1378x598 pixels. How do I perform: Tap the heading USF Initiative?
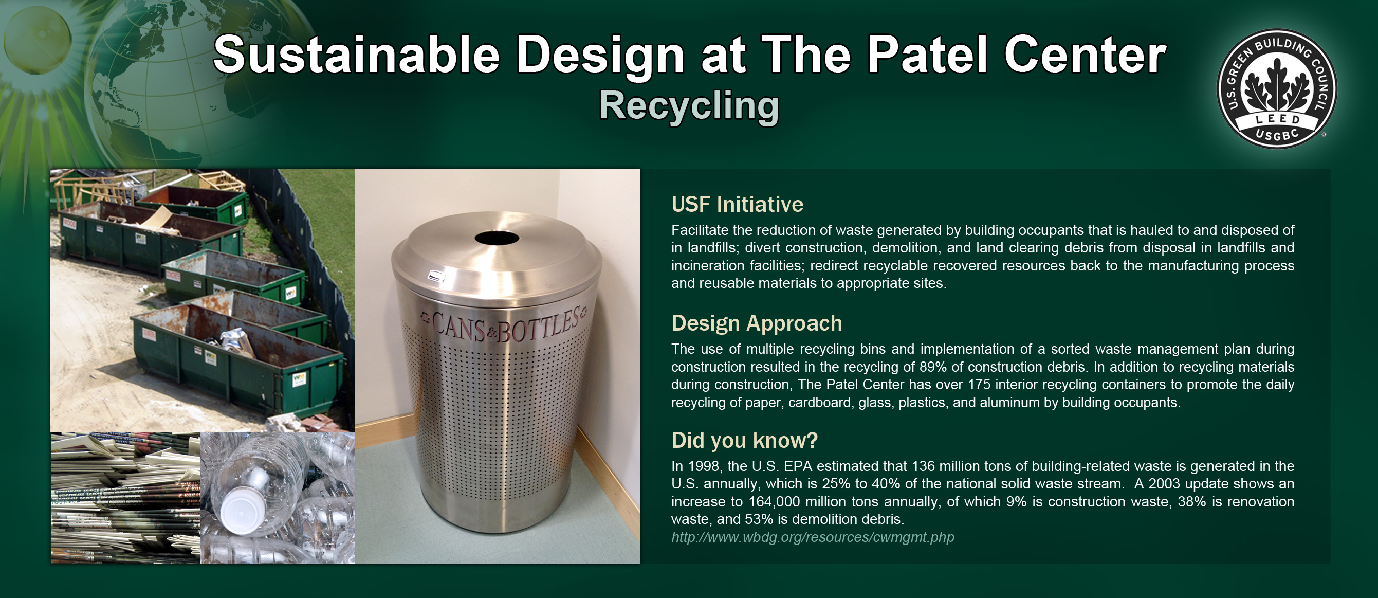pos(737,205)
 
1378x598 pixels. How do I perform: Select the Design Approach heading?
pos(757,323)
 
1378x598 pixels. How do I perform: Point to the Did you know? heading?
pos(745,441)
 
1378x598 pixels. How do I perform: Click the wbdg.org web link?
pos(813,537)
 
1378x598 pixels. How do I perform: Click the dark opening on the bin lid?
pos(497,238)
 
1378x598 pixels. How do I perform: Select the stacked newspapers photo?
pos(125,498)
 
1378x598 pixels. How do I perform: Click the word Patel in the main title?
pos(927,55)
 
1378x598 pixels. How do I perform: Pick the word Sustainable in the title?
pos(356,55)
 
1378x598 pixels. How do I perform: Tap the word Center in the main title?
pos(1085,55)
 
